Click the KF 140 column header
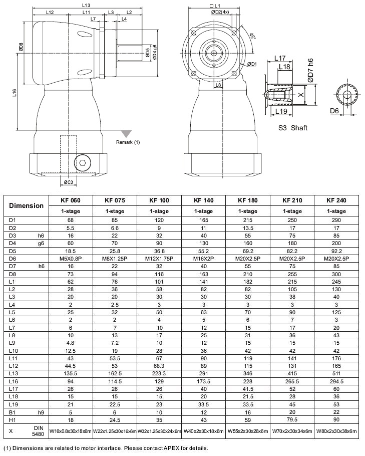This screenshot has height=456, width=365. coord(203,200)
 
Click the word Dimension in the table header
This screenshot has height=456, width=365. coord(26,205)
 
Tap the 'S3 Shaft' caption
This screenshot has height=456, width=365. coord(293,128)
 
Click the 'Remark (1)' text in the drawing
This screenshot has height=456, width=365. coord(128,142)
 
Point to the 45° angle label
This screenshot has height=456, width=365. coord(252,36)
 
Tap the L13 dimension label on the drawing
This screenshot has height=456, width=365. coord(86,5)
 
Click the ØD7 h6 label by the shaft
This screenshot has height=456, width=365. coord(311,70)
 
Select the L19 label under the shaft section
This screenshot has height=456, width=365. coord(281,111)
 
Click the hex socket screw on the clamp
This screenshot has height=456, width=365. coord(82,162)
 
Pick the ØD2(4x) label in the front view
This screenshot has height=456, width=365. coord(220,11)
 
